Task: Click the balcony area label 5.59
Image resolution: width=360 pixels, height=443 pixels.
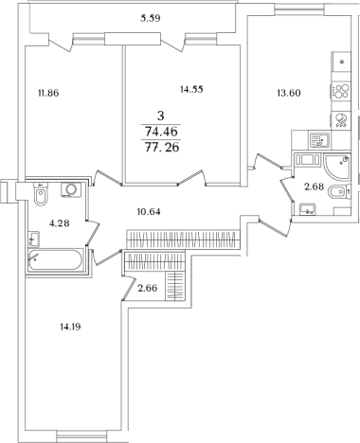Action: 151,18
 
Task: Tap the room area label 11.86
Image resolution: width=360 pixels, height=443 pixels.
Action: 48,93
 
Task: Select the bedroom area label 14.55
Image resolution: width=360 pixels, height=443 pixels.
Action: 191,90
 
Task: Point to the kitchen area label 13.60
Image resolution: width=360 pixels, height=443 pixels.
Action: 289,93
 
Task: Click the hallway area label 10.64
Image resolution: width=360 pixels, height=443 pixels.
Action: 149,212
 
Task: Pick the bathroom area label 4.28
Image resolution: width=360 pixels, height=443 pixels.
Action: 60,223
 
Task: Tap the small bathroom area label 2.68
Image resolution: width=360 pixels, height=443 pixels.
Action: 314,186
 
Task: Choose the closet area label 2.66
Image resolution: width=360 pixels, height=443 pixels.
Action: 148,288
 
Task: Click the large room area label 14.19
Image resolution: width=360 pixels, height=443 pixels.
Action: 70,327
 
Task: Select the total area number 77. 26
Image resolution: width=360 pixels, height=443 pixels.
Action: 161,147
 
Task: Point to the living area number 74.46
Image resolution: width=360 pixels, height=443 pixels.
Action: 161,132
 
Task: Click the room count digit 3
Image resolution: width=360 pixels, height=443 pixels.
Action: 161,116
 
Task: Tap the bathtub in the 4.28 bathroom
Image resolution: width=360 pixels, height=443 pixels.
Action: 56,259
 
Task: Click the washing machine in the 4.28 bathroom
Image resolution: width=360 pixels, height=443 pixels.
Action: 71,189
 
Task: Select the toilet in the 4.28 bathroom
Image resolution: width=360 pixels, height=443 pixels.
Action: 42,194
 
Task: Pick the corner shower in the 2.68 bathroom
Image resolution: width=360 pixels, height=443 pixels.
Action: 337,167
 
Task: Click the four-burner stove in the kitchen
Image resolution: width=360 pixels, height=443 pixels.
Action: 341,91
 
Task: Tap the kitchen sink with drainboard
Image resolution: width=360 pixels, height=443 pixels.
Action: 319,140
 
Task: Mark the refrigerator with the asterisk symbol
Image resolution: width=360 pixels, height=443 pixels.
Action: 341,62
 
